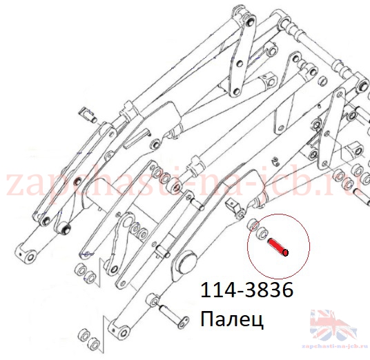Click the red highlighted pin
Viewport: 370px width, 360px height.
pyautogui.click(x=277, y=247)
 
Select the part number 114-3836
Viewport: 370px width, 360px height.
pyautogui.click(x=247, y=290)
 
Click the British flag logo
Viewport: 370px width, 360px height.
pyautogui.click(x=333, y=326)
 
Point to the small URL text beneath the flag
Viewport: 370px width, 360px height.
pyautogui.click(x=335, y=346)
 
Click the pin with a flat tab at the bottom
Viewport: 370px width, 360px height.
pyautogui.click(x=174, y=315)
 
